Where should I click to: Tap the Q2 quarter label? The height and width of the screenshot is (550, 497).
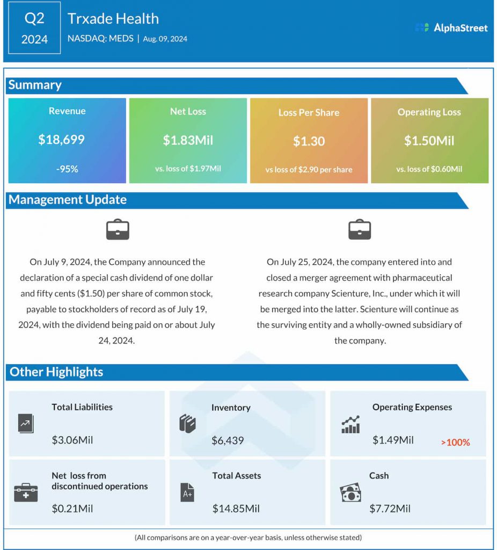[x=34, y=18]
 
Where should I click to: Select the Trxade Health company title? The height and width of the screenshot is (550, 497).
[x=113, y=18]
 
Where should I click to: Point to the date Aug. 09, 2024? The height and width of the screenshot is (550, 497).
[x=165, y=39]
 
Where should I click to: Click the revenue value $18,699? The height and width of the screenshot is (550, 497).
[x=61, y=140]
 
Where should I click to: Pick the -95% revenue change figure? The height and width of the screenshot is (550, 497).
[x=67, y=169]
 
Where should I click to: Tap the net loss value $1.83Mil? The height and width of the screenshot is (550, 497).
[x=188, y=140]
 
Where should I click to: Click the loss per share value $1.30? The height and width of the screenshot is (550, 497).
[x=309, y=141]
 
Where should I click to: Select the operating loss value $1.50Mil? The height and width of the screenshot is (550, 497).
[x=429, y=141]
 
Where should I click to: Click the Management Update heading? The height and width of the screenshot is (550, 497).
[x=68, y=200]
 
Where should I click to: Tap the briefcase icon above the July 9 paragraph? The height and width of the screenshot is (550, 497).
[x=118, y=229]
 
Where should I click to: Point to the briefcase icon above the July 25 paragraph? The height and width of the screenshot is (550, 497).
[x=360, y=229]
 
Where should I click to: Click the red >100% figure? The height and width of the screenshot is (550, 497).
[x=455, y=443]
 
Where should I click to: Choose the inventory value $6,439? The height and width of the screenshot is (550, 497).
[x=228, y=440]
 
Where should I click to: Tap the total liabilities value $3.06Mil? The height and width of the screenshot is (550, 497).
[x=72, y=440]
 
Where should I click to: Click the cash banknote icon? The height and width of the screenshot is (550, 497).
[x=350, y=493]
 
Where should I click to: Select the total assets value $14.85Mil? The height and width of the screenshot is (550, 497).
[x=236, y=508]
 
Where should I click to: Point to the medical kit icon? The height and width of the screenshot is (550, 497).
[x=26, y=492]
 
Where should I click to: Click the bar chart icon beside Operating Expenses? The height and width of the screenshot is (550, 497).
[x=350, y=424]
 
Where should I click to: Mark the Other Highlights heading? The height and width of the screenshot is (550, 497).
[x=56, y=372]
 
